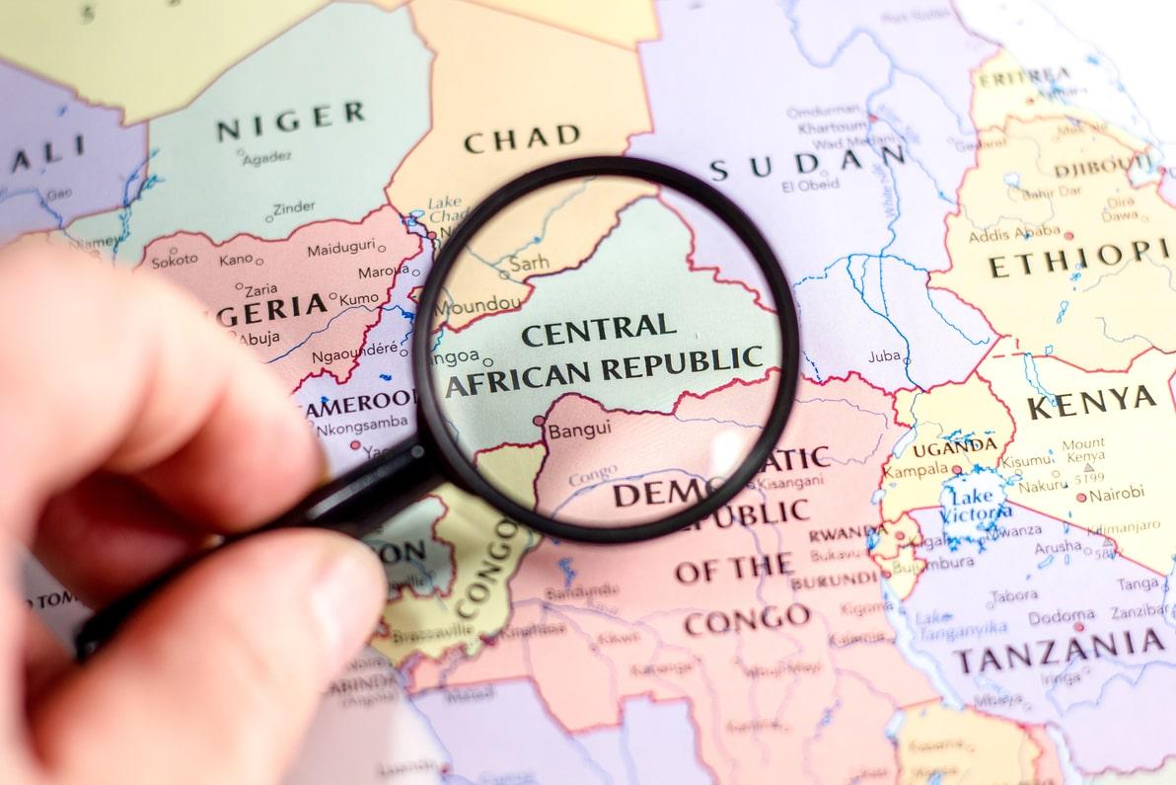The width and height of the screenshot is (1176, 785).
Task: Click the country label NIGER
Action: click(290, 120)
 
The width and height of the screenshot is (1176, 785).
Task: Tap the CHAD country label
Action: click(522, 139)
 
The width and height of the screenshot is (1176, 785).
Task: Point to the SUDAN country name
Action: click(808, 162)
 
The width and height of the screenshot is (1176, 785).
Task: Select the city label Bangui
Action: click(579, 430)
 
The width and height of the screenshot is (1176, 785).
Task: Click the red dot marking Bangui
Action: click(539, 421)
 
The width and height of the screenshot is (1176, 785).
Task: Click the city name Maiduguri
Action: click(340, 249)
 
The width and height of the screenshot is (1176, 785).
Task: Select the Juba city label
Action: click(884, 356)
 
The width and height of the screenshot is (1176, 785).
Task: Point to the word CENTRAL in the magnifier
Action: click(599, 329)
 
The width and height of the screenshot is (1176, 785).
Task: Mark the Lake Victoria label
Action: click(977, 502)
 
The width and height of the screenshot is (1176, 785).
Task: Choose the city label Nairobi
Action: click(1117, 493)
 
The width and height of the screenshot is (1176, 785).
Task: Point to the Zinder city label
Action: click(294, 207)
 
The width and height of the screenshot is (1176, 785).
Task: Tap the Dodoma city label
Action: click(1061, 617)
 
